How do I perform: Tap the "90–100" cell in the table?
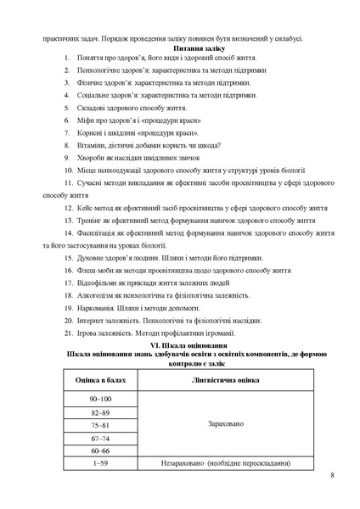pyautogui.click(x=99, y=398)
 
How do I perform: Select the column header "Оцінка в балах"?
pyautogui.click(x=99, y=381)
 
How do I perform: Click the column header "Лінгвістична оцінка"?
pyautogui.click(x=225, y=381)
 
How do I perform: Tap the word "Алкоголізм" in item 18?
pyautogui.click(x=96, y=295)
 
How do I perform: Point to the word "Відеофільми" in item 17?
pyautogui.click(x=98, y=282)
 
